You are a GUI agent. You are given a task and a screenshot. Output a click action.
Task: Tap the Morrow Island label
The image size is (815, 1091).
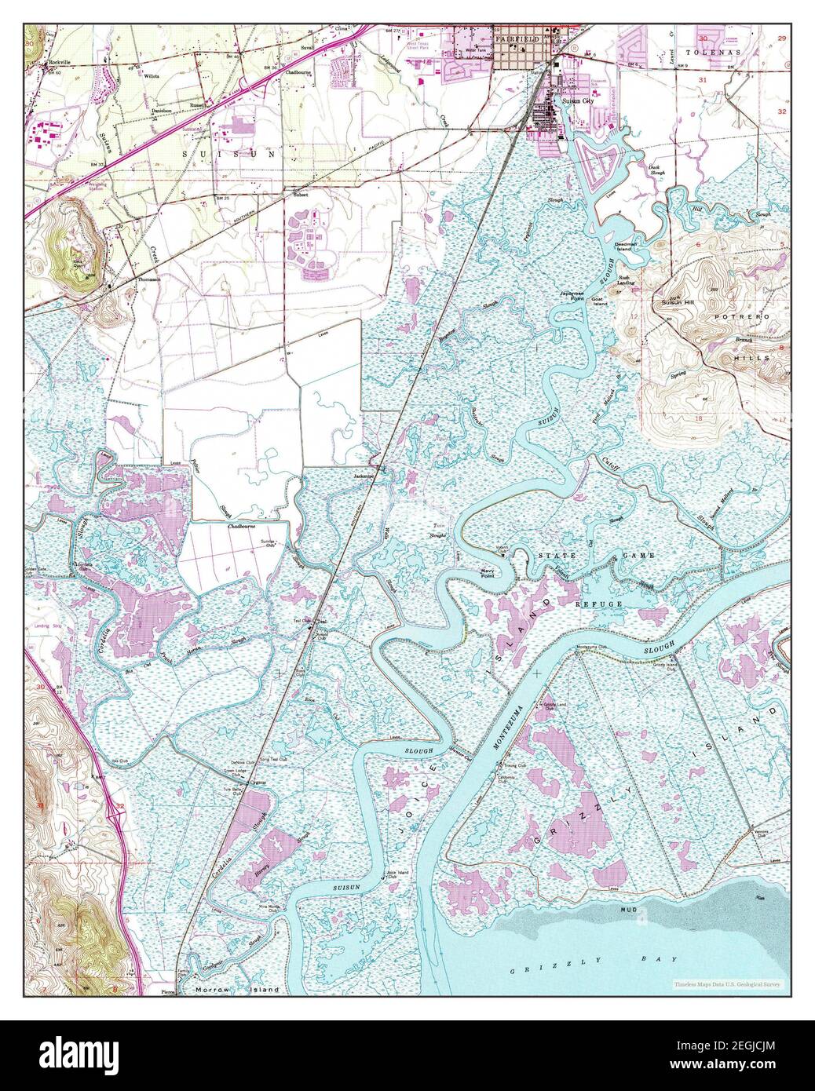click(236, 991)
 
